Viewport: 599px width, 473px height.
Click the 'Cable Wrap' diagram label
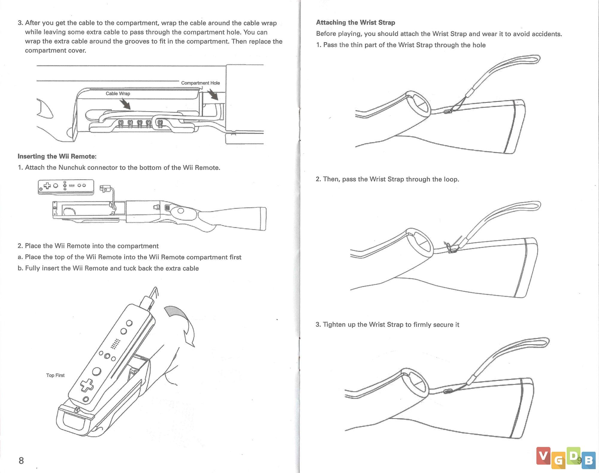click(118, 93)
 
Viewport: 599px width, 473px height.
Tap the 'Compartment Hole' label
click(200, 83)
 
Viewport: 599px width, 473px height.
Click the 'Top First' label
click(55, 375)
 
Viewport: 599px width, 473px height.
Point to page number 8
click(21, 460)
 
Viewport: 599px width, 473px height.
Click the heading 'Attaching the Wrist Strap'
click(356, 22)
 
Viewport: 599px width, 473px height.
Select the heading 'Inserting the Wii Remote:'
click(57, 156)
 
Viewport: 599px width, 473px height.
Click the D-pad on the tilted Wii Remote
click(87, 385)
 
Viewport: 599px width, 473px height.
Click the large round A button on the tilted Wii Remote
click(96, 371)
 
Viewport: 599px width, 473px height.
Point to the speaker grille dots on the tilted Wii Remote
click(116, 344)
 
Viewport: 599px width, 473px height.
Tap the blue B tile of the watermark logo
click(589, 460)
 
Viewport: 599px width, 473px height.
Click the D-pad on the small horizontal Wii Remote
click(47, 186)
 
